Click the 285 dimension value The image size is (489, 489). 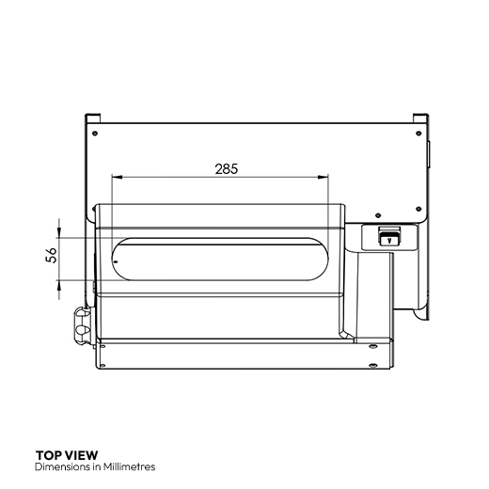(227, 169)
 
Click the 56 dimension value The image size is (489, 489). (52, 255)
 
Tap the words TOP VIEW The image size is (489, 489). (67, 455)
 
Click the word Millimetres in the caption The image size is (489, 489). (129, 466)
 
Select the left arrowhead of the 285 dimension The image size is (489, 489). (117, 178)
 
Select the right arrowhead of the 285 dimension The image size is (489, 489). (323, 178)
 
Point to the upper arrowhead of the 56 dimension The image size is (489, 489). (59, 233)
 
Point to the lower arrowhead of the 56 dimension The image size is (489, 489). (59, 286)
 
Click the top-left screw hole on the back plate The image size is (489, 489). (95, 134)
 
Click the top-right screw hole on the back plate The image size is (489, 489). (418, 134)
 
